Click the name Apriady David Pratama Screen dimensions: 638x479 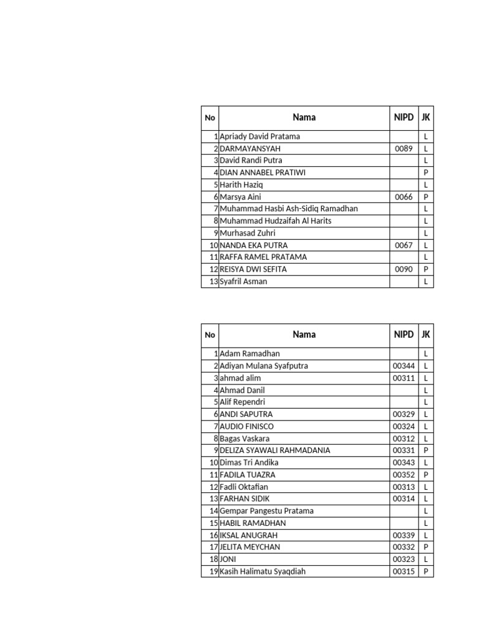259,136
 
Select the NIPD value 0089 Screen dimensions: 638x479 404,149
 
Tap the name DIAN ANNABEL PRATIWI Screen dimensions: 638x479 263,173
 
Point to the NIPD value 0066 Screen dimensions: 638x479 404,197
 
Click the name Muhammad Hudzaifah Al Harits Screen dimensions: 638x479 275,221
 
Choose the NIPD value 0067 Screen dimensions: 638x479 404,245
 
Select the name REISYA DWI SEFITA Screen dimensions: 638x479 253,270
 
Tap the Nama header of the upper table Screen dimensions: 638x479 304,117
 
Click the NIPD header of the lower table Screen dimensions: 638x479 404,335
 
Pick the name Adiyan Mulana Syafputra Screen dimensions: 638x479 264,366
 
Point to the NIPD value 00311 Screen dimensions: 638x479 404,378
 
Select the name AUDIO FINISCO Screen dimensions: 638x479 246,427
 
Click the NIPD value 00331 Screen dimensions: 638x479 404,450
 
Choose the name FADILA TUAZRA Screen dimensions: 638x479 247,475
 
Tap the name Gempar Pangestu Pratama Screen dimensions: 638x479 266,511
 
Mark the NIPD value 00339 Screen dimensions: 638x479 404,535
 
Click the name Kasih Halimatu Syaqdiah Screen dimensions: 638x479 263,571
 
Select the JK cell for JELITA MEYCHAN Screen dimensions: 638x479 425,547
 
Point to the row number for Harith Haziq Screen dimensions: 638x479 215,185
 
